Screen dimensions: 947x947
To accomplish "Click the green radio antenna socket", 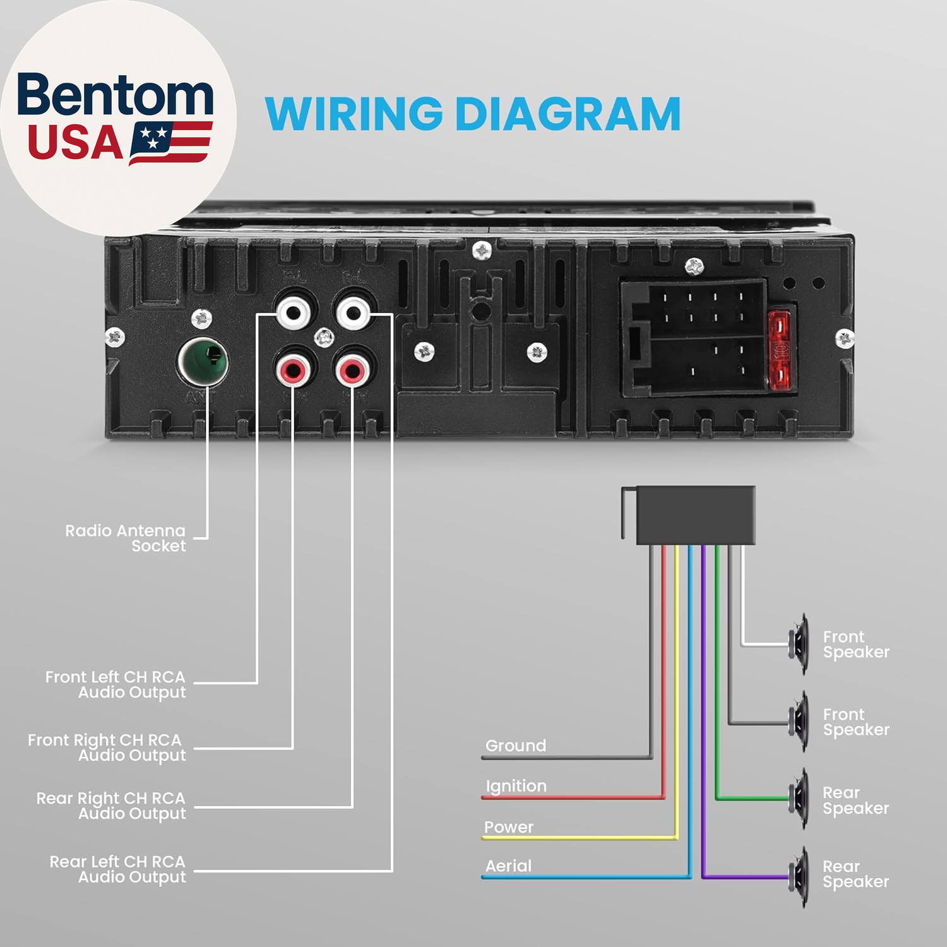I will (203, 362).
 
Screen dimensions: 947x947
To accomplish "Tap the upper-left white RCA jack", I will (294, 312).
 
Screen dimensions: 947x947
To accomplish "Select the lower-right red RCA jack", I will (352, 369).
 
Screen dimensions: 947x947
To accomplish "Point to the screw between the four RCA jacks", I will (324, 338).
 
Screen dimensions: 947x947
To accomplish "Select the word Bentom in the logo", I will (115, 95).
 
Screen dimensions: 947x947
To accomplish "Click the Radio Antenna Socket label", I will (126, 538).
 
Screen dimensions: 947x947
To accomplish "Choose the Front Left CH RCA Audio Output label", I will (116, 684).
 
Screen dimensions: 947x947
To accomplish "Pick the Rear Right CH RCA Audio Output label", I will (112, 806).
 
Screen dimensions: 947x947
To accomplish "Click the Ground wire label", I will (515, 746).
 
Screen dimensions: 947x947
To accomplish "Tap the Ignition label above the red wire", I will (516, 786).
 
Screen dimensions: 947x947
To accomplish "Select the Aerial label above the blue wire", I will (508, 866).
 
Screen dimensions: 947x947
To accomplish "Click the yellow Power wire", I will (581, 838).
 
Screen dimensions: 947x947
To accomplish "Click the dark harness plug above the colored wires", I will (694, 515).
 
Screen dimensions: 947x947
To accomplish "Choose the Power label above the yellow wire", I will (508, 826).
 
